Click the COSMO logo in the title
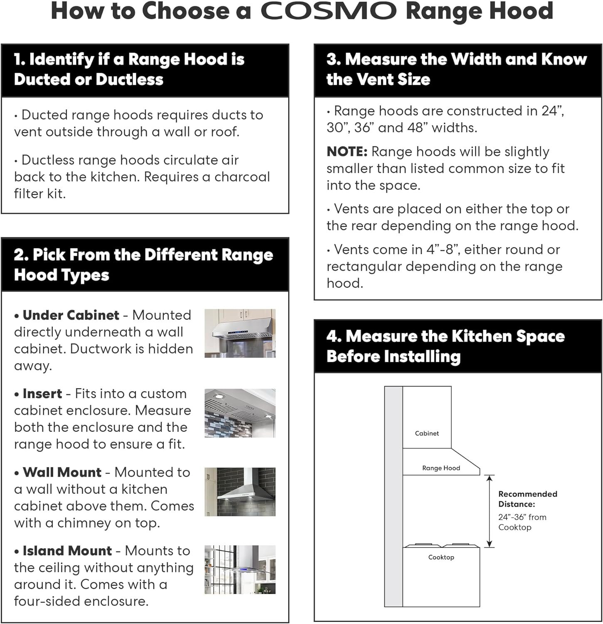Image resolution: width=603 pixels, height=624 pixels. [x=329, y=11]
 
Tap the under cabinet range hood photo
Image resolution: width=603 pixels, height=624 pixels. [x=240, y=333]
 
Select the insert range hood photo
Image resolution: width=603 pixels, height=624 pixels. [x=240, y=413]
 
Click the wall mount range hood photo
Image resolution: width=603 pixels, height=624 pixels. [x=240, y=492]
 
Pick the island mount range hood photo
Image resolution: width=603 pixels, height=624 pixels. [x=240, y=570]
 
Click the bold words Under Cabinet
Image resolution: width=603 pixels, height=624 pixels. [x=71, y=315]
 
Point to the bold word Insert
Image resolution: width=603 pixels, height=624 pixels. [x=42, y=394]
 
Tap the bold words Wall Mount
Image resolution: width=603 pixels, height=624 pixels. [x=62, y=472]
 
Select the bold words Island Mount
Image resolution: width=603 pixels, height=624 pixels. [x=67, y=551]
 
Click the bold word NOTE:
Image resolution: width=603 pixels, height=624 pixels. [x=347, y=152]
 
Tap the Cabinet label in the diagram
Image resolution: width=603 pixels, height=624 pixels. [x=427, y=433]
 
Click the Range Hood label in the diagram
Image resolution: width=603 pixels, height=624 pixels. [x=441, y=468]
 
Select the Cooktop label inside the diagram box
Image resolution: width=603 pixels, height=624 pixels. [x=441, y=557]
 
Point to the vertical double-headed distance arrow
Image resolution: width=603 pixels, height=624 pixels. [x=489, y=511]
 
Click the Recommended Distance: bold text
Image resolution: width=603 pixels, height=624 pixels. [x=527, y=499]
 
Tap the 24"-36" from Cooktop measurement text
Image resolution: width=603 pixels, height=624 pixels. [x=522, y=522]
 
